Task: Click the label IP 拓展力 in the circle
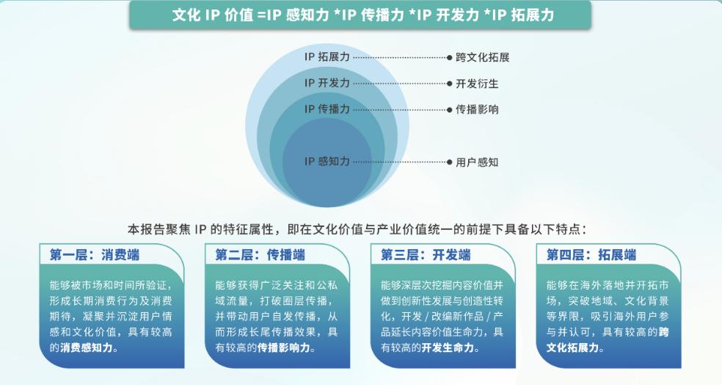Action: (x=327, y=57)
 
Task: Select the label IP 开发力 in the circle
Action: (x=327, y=83)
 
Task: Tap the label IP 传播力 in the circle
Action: (x=327, y=109)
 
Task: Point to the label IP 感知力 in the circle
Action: (x=327, y=162)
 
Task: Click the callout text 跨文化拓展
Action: (x=483, y=57)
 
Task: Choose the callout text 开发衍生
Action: (x=477, y=83)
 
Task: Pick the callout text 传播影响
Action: (x=477, y=109)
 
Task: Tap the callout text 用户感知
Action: (x=477, y=162)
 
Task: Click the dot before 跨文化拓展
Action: (x=449, y=57)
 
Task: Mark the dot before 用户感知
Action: (x=449, y=162)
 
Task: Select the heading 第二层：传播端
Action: (x=260, y=255)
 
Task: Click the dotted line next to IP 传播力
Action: (x=399, y=109)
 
